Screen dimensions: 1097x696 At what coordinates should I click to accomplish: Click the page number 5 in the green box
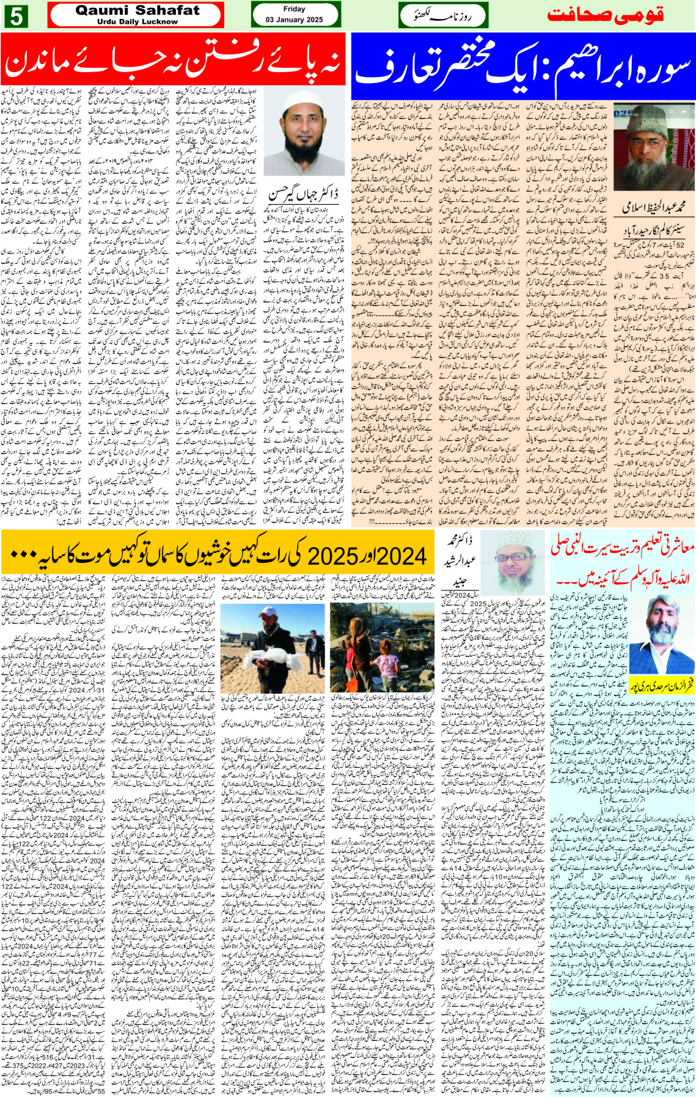(x=15, y=16)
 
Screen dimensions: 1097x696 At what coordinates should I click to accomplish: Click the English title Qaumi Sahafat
(x=137, y=10)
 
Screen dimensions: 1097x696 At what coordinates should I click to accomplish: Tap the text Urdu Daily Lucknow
(x=137, y=21)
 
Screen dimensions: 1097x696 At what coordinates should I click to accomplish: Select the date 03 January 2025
(x=294, y=20)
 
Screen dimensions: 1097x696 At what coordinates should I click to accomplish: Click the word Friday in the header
(x=294, y=9)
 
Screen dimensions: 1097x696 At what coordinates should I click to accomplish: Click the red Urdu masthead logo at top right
(x=605, y=15)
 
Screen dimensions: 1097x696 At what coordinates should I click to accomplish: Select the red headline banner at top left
(x=173, y=60)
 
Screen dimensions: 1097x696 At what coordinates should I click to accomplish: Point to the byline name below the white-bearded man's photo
(x=653, y=207)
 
